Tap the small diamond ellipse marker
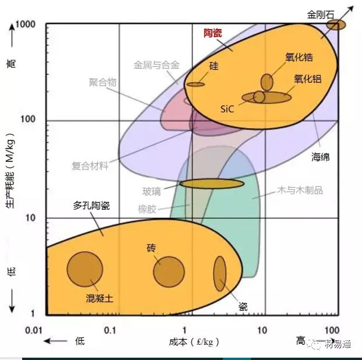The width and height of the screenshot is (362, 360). (336, 24)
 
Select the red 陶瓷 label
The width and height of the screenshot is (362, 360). (212, 33)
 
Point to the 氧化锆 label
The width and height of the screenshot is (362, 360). (299, 57)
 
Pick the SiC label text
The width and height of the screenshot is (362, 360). (228, 108)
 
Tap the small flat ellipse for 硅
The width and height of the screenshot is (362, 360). (196, 84)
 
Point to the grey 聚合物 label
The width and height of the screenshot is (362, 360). (102, 83)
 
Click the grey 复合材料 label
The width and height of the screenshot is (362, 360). (90, 165)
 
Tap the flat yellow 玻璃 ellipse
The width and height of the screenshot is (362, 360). (211, 183)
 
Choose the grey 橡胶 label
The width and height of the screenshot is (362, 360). (147, 209)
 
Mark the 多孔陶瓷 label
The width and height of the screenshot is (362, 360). (91, 206)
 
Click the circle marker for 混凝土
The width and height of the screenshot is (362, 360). (85, 269)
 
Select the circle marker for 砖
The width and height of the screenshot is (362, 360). (169, 271)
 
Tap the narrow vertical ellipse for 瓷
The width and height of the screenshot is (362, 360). (219, 273)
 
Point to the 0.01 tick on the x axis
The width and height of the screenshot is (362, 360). (34, 330)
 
